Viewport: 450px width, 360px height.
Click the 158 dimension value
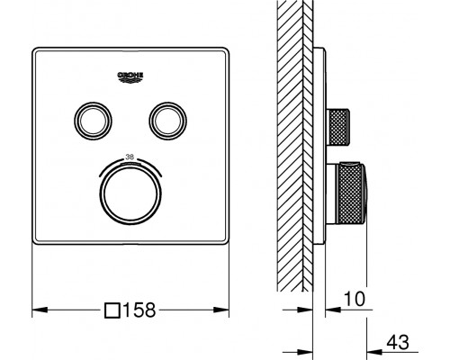click(x=139, y=310)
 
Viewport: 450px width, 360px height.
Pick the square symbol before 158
click(x=112, y=310)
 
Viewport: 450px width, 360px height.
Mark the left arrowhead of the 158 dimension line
click(x=37, y=310)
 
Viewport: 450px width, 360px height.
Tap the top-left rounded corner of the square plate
click(x=38, y=49)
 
